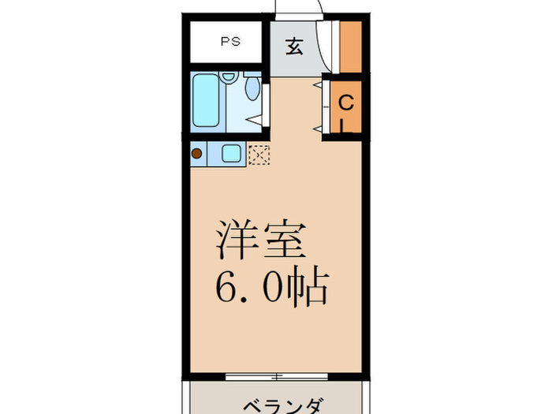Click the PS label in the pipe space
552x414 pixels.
[230, 42]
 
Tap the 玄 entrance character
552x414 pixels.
[293, 47]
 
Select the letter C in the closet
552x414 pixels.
[345, 103]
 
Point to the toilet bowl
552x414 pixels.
[252, 88]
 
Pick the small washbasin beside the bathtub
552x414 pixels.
[228, 78]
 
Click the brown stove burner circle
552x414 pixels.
[196, 154]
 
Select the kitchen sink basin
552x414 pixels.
[231, 154]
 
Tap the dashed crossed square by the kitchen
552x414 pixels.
[258, 154]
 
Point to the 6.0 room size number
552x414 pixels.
[245, 289]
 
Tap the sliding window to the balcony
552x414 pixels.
[275, 375]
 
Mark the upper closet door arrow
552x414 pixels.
[319, 84]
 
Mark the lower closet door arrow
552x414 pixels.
[319, 127]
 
